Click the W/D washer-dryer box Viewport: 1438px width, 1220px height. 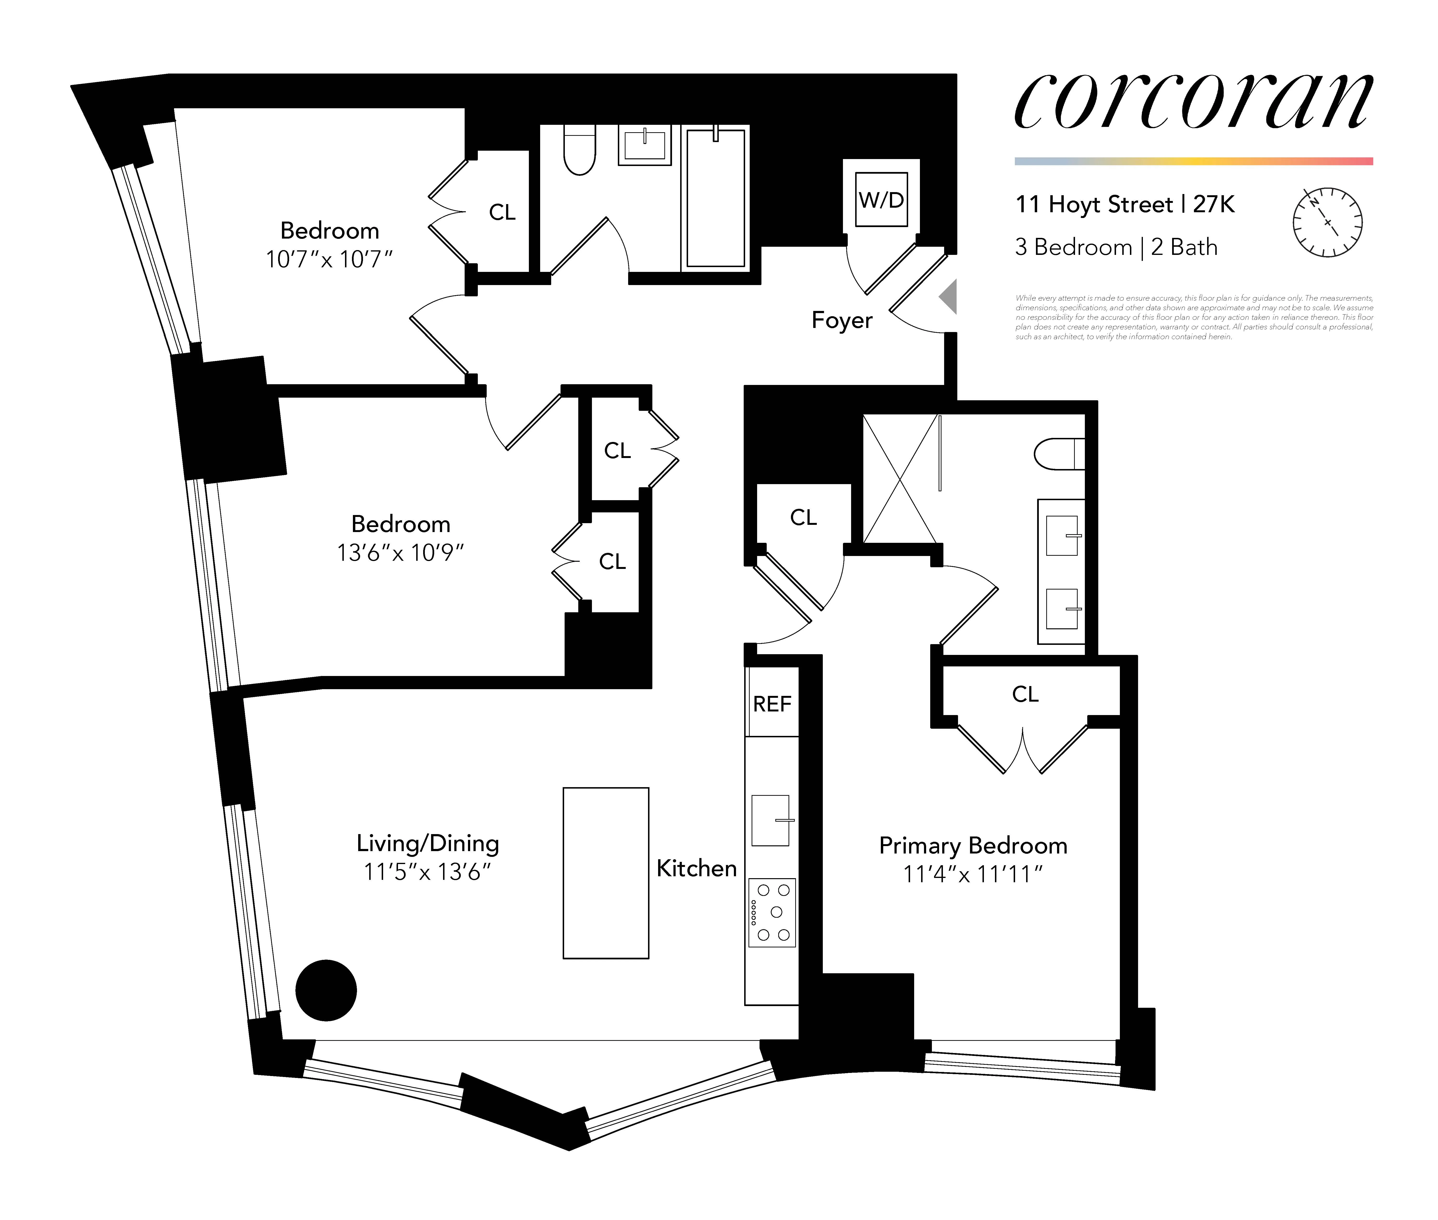point(881,200)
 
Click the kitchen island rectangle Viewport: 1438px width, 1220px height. point(606,873)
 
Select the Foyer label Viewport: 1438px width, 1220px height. point(842,320)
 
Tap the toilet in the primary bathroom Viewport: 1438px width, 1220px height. point(1059,454)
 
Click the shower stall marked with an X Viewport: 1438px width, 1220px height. point(900,479)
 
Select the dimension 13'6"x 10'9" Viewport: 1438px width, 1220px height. point(400,553)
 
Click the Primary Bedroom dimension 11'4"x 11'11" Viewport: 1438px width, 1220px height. point(972,874)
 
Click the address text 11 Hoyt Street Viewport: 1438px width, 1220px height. point(1093,205)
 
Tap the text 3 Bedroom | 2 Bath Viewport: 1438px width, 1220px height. point(1116,247)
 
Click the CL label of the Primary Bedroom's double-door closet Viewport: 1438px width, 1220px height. point(1025,694)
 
